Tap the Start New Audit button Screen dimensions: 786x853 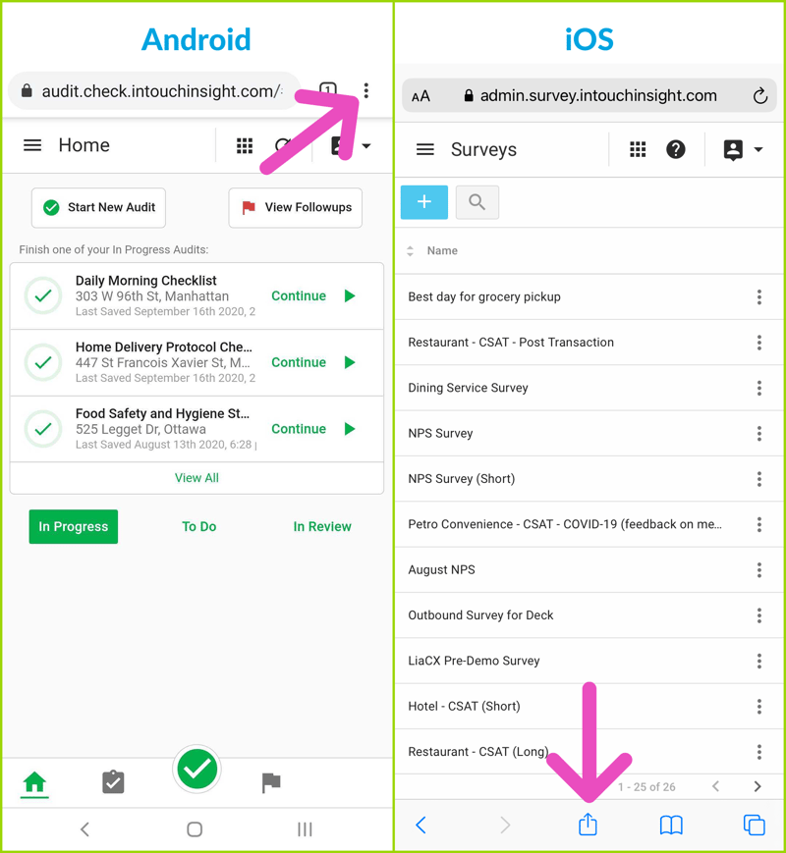pos(98,208)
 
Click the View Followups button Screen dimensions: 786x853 pos(295,208)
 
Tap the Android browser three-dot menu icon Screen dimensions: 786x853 pos(366,90)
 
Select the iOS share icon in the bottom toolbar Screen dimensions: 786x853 pos(588,824)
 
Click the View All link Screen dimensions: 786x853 pos(196,478)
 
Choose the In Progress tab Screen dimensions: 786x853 pos(74,526)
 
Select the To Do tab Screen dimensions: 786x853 pos(198,526)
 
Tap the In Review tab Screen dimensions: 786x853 pos(322,526)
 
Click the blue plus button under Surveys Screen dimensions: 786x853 pos(424,202)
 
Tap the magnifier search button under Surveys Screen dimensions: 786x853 pos(477,202)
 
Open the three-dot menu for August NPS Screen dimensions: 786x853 pos(758,569)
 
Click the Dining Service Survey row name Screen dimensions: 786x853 pos(468,388)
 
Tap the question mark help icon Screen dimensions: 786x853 pos(675,149)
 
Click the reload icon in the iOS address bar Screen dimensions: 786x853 pos(759,96)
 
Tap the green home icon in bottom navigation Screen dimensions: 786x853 pos(34,782)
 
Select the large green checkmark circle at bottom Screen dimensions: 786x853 pos(196,770)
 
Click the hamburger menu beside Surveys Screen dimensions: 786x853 pos(424,149)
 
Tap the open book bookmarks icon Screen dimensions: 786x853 pos(671,825)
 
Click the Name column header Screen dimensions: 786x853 pos(442,250)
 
